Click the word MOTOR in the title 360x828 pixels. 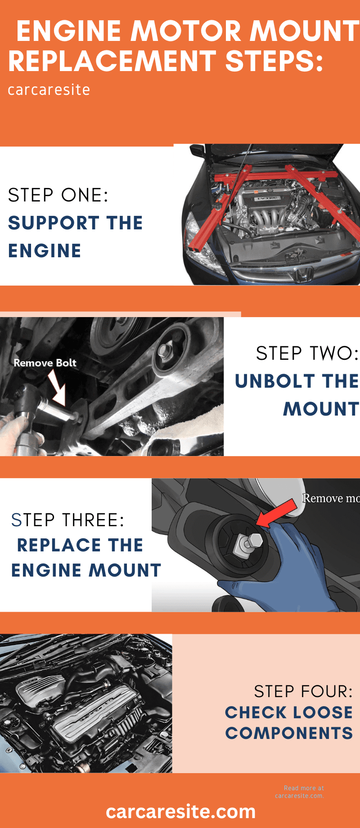(187, 31)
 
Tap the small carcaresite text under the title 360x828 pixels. (49, 90)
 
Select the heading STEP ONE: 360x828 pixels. (58, 195)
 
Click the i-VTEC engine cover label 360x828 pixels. (267, 198)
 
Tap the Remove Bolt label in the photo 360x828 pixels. (45, 363)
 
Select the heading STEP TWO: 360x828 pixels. (307, 354)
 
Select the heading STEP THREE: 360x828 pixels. (68, 520)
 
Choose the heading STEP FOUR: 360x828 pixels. (303, 692)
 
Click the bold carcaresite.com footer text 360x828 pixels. (181, 812)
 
